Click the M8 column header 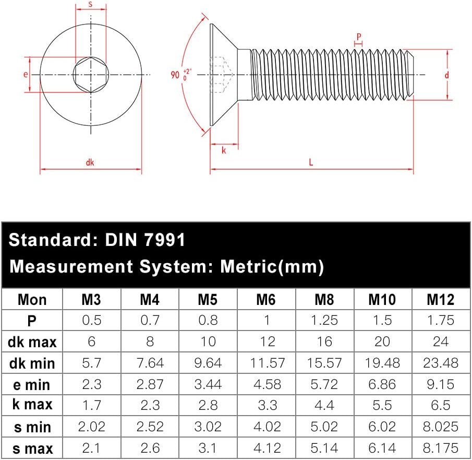(x=324, y=299)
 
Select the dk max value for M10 (x=382, y=341)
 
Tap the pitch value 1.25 (x=324, y=320)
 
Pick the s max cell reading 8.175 (x=441, y=448)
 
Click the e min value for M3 (x=92, y=384)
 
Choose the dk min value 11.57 (x=266, y=363)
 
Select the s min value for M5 (x=208, y=427)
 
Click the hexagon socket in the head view (x=90, y=75)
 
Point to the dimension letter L (x=311, y=162)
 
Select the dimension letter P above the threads (x=359, y=37)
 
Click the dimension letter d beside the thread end (x=447, y=75)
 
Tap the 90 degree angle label (x=174, y=75)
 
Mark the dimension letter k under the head (x=224, y=151)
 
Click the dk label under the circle (x=90, y=162)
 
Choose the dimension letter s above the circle (x=90, y=5)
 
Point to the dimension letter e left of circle (x=26, y=74)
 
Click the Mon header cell (x=32, y=299)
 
